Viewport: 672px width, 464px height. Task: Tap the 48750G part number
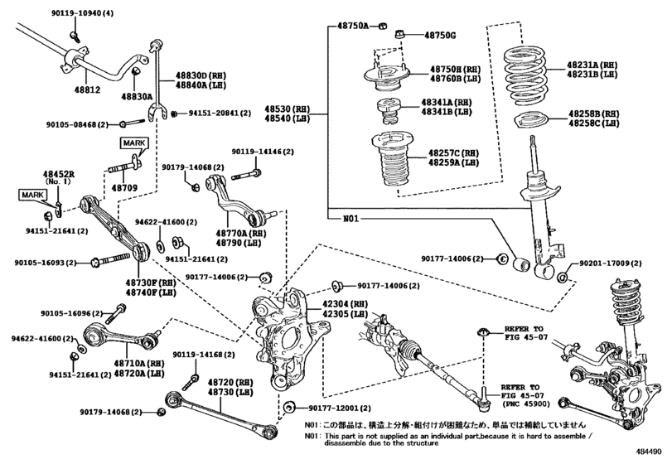[x=440, y=36]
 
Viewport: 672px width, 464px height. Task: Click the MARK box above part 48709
[x=133, y=143]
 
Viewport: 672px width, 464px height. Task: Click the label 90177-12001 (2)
[x=332, y=408]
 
